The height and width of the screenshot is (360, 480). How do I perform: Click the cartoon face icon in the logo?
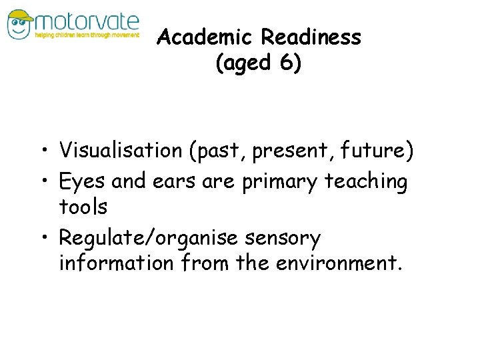tap(20, 24)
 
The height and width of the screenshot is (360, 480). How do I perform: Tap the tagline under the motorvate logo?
tap(87, 35)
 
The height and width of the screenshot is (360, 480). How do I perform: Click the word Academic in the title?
tap(205, 37)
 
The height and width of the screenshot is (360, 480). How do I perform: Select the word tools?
tap(83, 207)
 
